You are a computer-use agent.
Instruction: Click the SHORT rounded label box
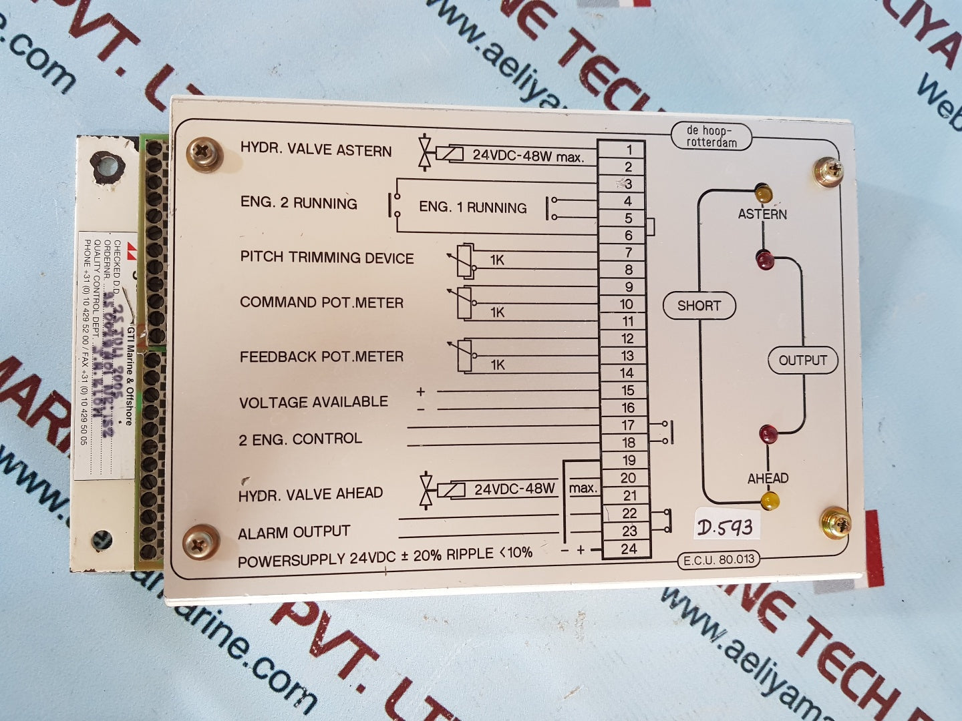click(699, 306)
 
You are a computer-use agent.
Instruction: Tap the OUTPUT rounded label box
click(802, 360)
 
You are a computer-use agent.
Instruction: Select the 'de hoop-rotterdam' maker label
click(711, 137)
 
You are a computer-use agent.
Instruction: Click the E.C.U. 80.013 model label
click(718, 560)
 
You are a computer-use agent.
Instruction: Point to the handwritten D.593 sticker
click(725, 527)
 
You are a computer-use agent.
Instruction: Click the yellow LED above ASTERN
click(762, 194)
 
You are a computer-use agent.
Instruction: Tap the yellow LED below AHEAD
click(770, 500)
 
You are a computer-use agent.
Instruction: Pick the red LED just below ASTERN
click(764, 258)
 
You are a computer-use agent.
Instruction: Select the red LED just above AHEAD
click(768, 435)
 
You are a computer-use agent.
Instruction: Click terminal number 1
click(628, 150)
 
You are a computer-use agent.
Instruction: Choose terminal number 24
click(629, 549)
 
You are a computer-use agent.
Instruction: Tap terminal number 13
click(627, 356)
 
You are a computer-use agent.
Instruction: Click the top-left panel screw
click(204, 154)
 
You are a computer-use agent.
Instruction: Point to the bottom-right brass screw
click(835, 523)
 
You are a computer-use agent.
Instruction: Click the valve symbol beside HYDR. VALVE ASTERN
click(424, 154)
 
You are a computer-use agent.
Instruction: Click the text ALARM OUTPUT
click(294, 532)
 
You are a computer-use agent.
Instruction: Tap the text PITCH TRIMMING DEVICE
click(327, 258)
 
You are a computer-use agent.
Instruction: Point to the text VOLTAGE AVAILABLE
click(313, 402)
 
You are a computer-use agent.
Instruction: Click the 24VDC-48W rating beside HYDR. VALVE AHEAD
click(514, 489)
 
